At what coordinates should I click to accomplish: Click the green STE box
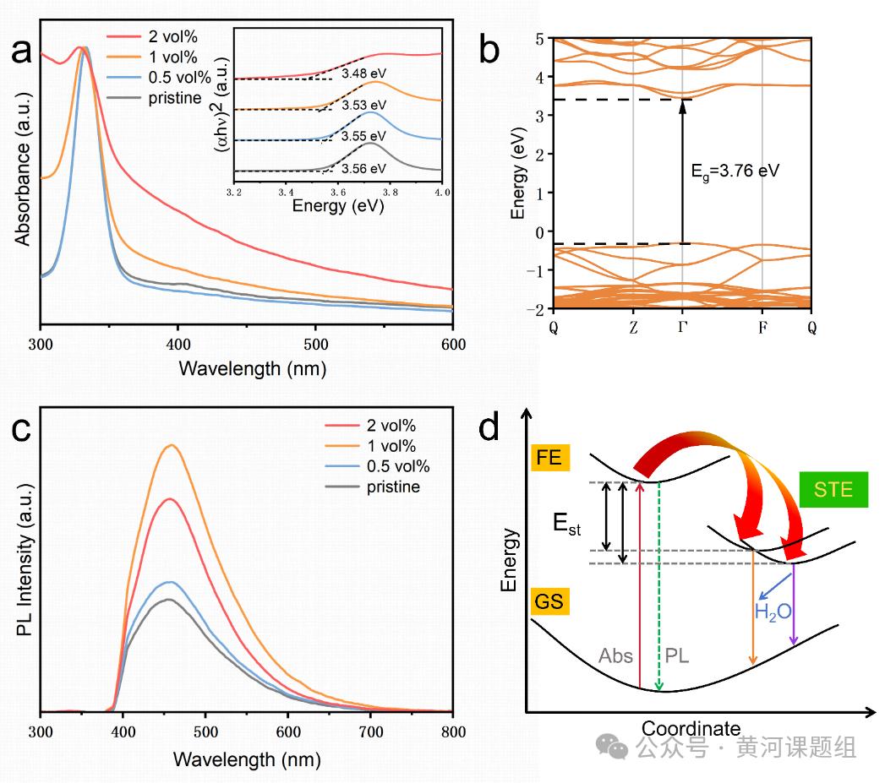833,489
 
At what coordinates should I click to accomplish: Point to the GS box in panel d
550,602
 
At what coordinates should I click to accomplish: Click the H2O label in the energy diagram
773,611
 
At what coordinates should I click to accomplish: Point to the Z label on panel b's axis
633,328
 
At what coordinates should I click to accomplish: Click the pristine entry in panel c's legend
393,487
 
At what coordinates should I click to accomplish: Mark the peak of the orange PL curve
172,445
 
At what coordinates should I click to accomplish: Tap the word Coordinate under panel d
691,728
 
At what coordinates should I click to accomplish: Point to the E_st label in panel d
567,525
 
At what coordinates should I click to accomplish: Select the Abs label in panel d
615,655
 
